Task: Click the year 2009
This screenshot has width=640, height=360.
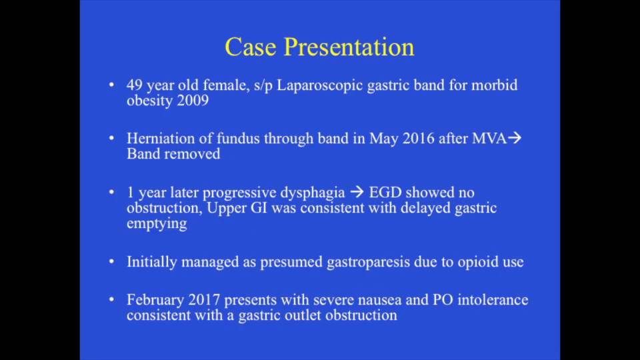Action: (x=193, y=101)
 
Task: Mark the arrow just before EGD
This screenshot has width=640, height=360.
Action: (x=357, y=193)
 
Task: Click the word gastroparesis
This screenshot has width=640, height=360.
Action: (x=368, y=262)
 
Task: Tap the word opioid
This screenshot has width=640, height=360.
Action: (x=476, y=262)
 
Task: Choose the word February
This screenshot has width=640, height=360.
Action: (x=154, y=300)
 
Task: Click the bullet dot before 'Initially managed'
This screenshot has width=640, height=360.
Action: (x=111, y=262)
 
